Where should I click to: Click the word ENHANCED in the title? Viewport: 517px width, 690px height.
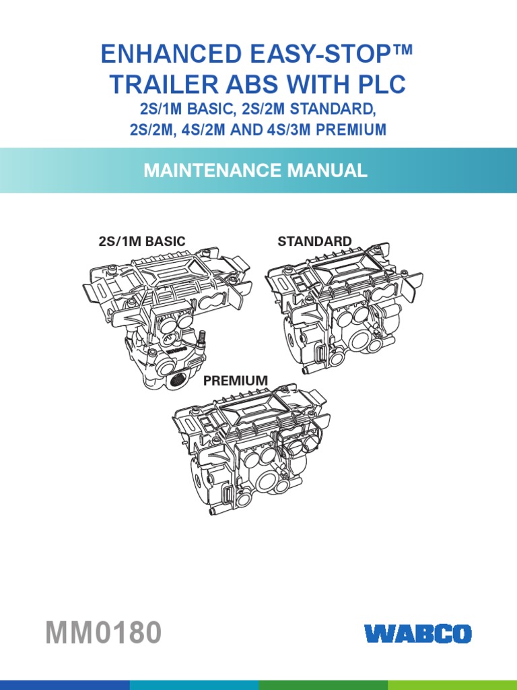tap(172, 54)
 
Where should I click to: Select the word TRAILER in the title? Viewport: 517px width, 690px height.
tap(164, 84)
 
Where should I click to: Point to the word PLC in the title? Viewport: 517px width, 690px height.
tap(381, 84)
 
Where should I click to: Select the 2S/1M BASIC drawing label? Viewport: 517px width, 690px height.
tap(142, 241)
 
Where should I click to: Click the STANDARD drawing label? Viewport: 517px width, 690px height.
tap(314, 241)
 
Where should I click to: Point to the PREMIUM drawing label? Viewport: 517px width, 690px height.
tap(235, 380)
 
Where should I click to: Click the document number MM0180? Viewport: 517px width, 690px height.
tap(103, 632)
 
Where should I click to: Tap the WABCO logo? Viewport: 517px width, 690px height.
tap(417, 633)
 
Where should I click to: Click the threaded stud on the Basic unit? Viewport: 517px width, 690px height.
tap(203, 339)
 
